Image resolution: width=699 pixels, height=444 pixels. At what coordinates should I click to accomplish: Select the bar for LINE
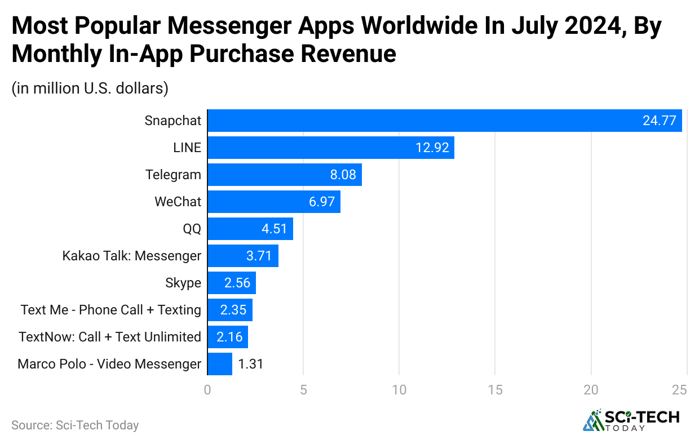click(x=331, y=148)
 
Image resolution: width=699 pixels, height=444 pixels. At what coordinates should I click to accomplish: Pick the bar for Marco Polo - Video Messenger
click(x=220, y=364)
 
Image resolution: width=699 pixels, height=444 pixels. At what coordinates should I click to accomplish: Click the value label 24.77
click(x=659, y=121)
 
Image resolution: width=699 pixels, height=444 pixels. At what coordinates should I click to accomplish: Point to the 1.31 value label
click(x=251, y=364)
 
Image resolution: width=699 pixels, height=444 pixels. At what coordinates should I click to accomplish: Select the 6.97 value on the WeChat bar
click(x=322, y=202)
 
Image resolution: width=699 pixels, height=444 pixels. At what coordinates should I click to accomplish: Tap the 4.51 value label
click(x=274, y=229)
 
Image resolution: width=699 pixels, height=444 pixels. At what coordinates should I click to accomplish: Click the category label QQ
click(x=192, y=229)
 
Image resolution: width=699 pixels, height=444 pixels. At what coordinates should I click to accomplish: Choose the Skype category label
click(x=183, y=283)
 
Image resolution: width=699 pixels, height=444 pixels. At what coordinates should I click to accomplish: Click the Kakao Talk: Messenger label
click(x=131, y=256)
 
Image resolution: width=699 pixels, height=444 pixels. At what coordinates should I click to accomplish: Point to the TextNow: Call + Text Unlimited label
click(x=110, y=337)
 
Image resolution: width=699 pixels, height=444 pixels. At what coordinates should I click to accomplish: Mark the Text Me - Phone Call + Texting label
click(x=111, y=310)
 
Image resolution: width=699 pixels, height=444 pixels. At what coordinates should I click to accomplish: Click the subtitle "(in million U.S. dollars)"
click(x=90, y=88)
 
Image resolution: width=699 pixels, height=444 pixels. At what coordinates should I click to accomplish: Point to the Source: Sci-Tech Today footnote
click(x=75, y=425)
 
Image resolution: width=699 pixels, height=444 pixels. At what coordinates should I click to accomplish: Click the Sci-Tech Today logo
click(x=631, y=420)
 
